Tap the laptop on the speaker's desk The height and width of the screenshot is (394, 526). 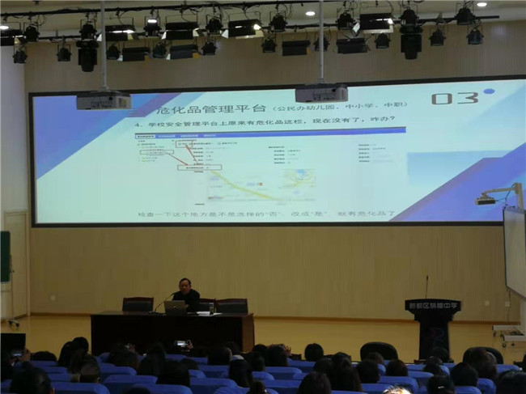[175, 307]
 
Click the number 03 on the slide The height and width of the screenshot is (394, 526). [452, 98]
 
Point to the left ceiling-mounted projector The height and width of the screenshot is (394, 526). [104, 100]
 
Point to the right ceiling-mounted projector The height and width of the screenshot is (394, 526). [320, 92]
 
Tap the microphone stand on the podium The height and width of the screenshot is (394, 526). [426, 287]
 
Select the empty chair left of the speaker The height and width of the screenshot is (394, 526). [138, 305]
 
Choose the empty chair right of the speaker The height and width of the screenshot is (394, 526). [231, 306]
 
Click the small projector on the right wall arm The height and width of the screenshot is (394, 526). [487, 198]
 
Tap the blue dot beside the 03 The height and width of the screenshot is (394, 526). [488, 91]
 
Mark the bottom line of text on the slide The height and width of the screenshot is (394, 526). [267, 214]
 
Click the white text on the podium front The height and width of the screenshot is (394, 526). [432, 306]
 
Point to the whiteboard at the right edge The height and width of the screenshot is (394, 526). [515, 251]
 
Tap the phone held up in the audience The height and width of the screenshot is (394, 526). [180, 345]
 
